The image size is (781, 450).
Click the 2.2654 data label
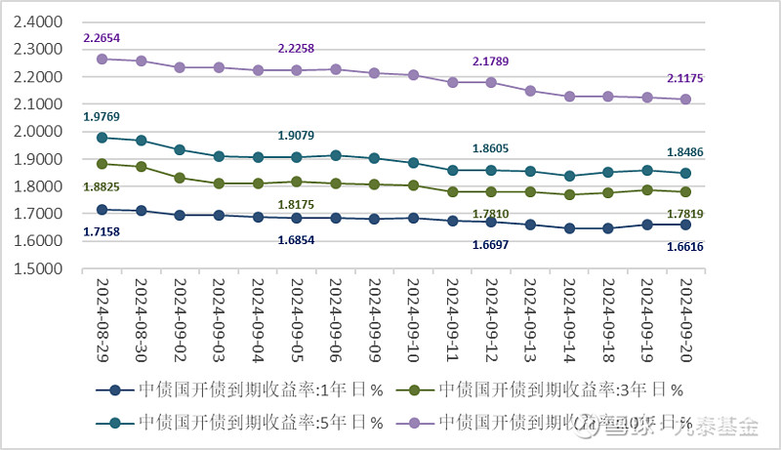(102, 38)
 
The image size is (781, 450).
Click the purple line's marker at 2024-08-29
(102, 59)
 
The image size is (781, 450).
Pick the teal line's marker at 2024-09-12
(491, 170)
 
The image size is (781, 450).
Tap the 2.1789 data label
(491, 61)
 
